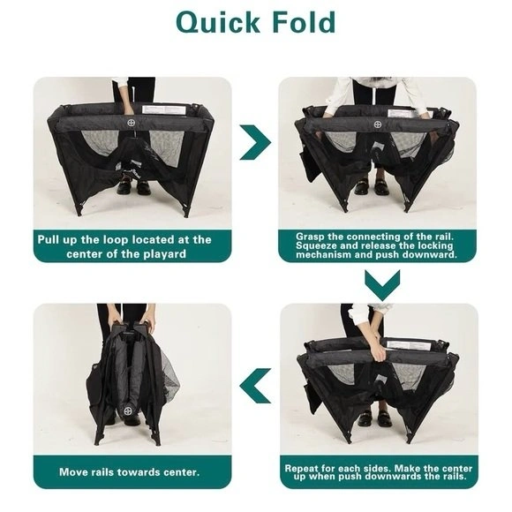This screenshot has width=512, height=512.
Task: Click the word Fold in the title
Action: tap(304, 21)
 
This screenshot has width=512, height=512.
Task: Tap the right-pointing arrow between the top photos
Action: tap(255, 142)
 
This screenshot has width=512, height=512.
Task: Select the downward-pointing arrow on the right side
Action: tap(382, 285)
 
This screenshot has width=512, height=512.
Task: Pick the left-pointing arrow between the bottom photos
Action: tap(255, 386)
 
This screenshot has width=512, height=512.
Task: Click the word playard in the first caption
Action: tap(165, 254)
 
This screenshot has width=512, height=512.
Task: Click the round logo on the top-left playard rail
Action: tap(132, 123)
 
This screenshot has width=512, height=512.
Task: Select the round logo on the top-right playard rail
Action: tap(378, 124)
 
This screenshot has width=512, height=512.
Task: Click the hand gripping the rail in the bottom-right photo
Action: tap(380, 352)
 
